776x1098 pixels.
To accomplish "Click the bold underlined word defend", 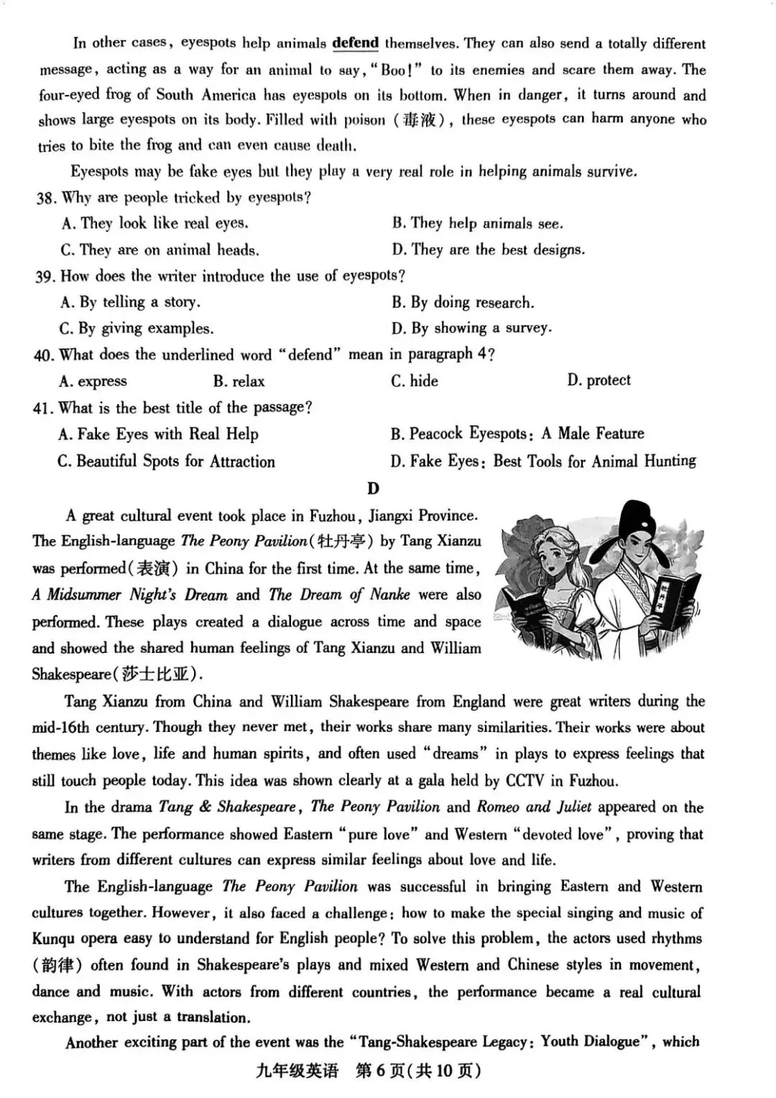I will [355, 42].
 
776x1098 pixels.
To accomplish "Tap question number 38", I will [45, 198].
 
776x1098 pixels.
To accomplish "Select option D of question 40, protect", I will [599, 380].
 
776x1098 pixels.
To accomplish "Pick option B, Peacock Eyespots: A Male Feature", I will [517, 434].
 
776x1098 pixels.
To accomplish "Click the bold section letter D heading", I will [373, 488].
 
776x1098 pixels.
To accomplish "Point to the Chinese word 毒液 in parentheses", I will [420, 120].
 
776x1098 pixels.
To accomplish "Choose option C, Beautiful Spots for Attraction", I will [167, 461].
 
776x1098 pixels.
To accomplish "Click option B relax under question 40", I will [239, 381].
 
